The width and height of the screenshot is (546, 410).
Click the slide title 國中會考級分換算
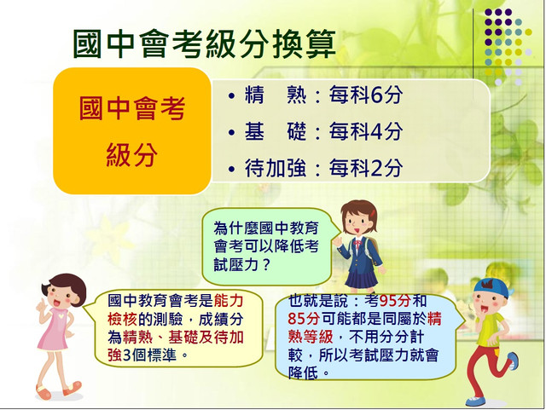coord(205,43)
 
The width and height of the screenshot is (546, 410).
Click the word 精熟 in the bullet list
coord(276,95)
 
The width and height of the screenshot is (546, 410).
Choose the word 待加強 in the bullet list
coord(276,168)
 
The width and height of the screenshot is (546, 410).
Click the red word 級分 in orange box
coord(131,155)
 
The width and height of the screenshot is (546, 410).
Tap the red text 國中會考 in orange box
coord(132,108)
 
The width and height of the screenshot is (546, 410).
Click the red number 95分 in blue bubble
coord(395,301)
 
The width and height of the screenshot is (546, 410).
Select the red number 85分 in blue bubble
coord(304,319)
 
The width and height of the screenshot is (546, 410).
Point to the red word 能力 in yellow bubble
coord(229,301)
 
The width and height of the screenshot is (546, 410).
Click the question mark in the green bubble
coord(265,266)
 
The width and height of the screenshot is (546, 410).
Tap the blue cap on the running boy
coord(493,287)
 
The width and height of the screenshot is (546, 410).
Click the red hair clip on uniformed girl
coord(374,212)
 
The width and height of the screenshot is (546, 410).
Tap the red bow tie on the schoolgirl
coord(357,243)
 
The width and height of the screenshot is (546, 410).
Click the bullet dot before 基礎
coord(231,133)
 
